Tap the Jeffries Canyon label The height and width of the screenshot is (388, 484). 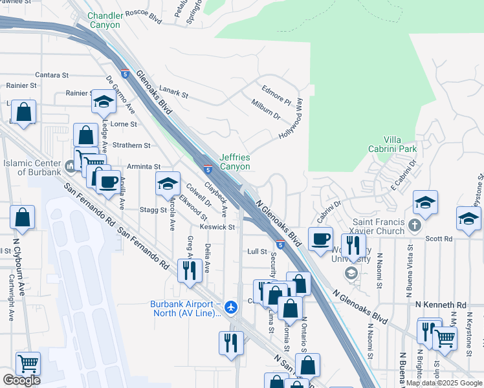[x=234, y=162]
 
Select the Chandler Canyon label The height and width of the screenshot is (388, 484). [x=104, y=20]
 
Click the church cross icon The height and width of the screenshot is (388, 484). [x=415, y=226]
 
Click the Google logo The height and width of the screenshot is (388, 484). [x=21, y=380]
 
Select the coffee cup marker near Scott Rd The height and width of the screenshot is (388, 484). [x=320, y=239]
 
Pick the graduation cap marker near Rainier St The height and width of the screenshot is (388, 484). [x=104, y=102]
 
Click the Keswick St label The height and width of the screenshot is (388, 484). [x=217, y=227]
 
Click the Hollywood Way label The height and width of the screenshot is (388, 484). [x=291, y=119]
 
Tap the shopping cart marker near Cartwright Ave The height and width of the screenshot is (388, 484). [x=28, y=363]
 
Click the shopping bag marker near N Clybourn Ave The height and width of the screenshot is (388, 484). [x=23, y=220]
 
